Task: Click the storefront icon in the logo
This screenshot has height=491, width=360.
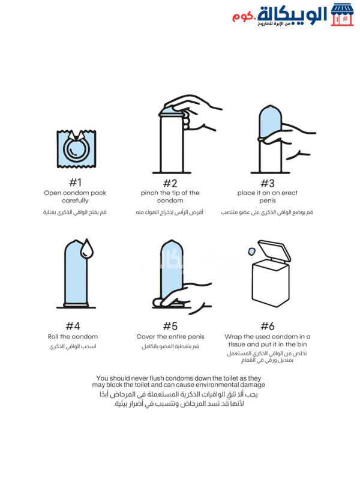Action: pyautogui.click(x=342, y=15)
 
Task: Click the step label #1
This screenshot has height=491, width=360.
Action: pyautogui.click(x=75, y=182)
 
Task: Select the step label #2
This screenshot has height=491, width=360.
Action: pyautogui.click(x=170, y=183)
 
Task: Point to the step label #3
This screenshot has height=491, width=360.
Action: pyautogui.click(x=268, y=183)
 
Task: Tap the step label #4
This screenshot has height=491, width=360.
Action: pyautogui.click(x=73, y=326)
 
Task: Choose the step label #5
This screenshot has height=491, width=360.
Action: pyautogui.click(x=170, y=326)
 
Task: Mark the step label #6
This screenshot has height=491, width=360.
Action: pyautogui.click(x=268, y=326)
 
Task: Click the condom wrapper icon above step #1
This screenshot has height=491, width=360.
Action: pyautogui.click(x=76, y=149)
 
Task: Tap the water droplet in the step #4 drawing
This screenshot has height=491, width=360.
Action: pyautogui.click(x=87, y=249)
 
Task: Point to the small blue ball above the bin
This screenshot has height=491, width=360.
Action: pyautogui.click(x=251, y=251)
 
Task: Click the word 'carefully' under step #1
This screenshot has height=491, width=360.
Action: pyautogui.click(x=75, y=200)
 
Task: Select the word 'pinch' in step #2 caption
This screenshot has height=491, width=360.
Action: pyautogui.click(x=149, y=193)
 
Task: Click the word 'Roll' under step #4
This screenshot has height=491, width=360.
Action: pyautogui.click(x=53, y=337)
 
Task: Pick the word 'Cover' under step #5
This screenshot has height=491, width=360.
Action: pyautogui.click(x=146, y=337)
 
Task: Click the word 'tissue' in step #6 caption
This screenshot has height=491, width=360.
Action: pyautogui.click(x=236, y=345)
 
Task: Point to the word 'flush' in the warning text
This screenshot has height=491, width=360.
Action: pyautogui.click(x=156, y=378)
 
